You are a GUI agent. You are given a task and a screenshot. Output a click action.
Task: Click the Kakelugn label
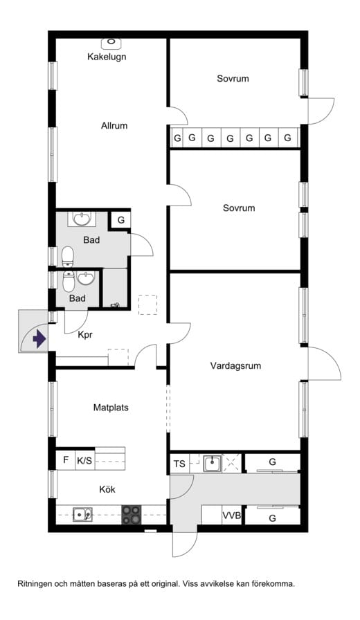pos(107,57)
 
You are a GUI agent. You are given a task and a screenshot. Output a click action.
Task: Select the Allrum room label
pos(114,126)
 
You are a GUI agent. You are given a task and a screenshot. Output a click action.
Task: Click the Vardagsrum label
pos(235,366)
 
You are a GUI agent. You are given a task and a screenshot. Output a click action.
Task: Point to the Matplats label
pos(111,408)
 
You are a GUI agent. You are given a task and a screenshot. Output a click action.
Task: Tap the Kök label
pos(107,489)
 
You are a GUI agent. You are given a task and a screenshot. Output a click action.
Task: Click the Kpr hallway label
pos(85,335)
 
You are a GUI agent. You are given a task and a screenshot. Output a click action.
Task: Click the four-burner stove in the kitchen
pos(132,514)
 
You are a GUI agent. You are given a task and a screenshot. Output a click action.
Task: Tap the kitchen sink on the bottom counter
pos(82,514)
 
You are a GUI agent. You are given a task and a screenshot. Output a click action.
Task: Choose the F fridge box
pos(66,460)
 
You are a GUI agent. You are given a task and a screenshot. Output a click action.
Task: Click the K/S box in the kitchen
pos(84,460)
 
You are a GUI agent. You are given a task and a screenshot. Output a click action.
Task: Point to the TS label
pos(179,463)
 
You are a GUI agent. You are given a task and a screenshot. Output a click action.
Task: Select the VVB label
pos(232,516)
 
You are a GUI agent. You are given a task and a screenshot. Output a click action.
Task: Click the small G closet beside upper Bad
pos(121,220)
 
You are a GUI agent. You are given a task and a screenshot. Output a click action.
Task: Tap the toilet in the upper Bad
pos(68,256)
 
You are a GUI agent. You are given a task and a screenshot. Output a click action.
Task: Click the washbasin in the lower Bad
pos(85,278)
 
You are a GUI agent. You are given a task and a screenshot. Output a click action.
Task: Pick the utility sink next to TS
pos(213,463)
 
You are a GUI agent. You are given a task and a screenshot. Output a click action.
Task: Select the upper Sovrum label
pos(233,78)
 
